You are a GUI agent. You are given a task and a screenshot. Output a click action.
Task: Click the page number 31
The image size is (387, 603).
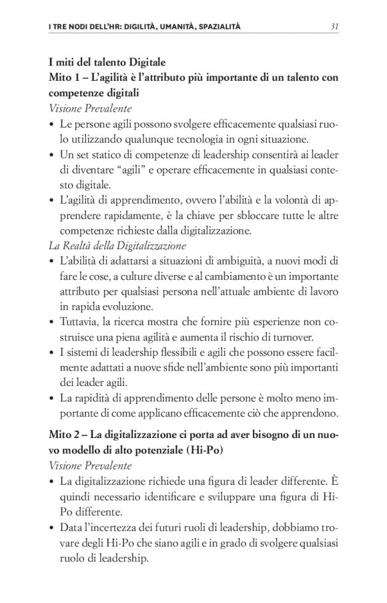pos(336,27)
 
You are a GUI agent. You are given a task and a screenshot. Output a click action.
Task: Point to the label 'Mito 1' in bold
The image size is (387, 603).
pos(65,77)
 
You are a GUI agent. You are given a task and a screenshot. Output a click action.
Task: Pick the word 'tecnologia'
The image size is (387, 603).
pos(199,140)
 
